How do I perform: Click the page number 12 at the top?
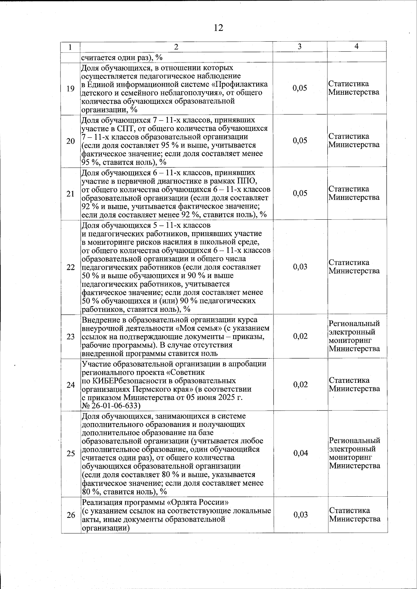click(x=219, y=28)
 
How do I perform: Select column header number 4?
click(x=357, y=47)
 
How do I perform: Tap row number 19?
click(x=71, y=89)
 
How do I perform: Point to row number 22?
click(x=71, y=267)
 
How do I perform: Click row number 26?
click(x=71, y=515)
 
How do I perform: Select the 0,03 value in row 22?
click(x=300, y=267)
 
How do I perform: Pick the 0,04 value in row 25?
click(x=301, y=453)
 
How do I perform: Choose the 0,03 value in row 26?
click(x=301, y=515)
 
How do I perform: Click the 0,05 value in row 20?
click(x=300, y=141)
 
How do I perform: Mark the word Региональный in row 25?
click(x=354, y=441)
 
